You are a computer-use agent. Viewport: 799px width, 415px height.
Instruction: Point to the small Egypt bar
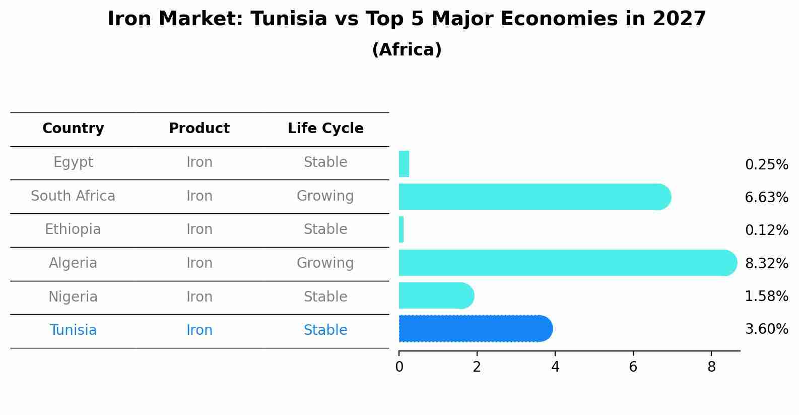[404, 164]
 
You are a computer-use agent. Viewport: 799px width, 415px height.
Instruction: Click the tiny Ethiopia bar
[401, 229]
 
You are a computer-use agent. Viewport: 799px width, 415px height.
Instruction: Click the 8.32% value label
[766, 263]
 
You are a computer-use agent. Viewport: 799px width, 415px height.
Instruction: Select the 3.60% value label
[766, 329]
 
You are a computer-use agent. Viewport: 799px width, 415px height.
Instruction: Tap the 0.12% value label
[766, 230]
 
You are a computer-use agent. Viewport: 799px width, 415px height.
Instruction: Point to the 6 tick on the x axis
[633, 367]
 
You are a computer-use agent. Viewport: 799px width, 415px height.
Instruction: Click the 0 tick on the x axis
[399, 367]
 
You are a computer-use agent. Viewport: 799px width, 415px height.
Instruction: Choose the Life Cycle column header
[325, 129]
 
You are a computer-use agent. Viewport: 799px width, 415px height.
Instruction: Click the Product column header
[199, 129]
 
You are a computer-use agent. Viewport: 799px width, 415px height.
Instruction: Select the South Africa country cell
[73, 196]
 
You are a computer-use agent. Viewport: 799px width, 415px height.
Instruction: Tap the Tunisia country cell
[73, 330]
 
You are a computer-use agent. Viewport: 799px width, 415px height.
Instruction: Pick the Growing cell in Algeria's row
[325, 263]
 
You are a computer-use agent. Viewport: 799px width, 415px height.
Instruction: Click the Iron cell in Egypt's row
[199, 162]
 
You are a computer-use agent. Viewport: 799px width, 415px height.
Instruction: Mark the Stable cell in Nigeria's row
[325, 297]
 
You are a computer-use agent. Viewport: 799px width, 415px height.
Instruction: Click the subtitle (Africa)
[407, 50]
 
